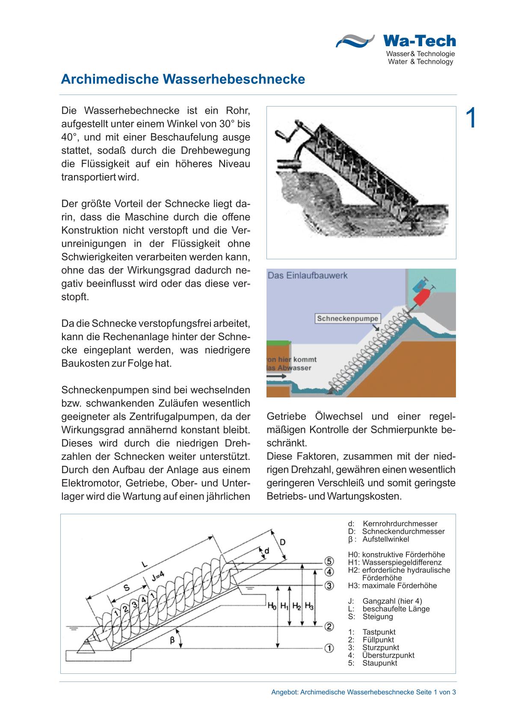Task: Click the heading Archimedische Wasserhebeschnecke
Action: click(x=183, y=80)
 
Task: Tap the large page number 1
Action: click(x=471, y=119)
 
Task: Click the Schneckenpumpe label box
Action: click(x=348, y=318)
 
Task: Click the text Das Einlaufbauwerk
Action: click(x=308, y=276)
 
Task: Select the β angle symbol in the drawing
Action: click(x=172, y=640)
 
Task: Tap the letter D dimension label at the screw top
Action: click(x=282, y=542)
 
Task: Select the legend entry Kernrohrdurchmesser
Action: click(x=400, y=524)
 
